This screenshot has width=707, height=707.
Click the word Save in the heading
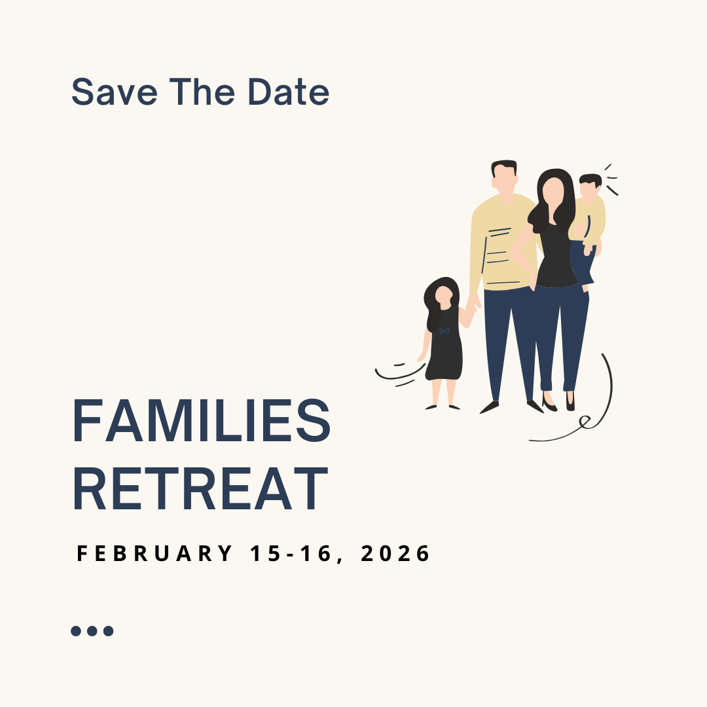[x=115, y=92]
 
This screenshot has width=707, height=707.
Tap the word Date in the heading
[x=289, y=92]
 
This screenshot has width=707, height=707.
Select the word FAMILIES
[x=202, y=420]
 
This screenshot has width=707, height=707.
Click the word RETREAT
[x=200, y=489]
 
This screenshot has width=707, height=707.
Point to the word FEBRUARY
[x=154, y=553]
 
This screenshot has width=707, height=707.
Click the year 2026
[x=395, y=553]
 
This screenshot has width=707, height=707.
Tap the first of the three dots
[x=76, y=631]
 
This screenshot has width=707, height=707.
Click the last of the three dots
[x=108, y=631]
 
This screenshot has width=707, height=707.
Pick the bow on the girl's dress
[x=444, y=331]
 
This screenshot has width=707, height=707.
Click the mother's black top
[x=556, y=257]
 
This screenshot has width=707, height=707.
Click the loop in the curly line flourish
[x=585, y=422]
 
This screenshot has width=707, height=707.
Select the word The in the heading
[x=202, y=92]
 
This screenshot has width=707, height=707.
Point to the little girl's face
[x=443, y=297]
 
